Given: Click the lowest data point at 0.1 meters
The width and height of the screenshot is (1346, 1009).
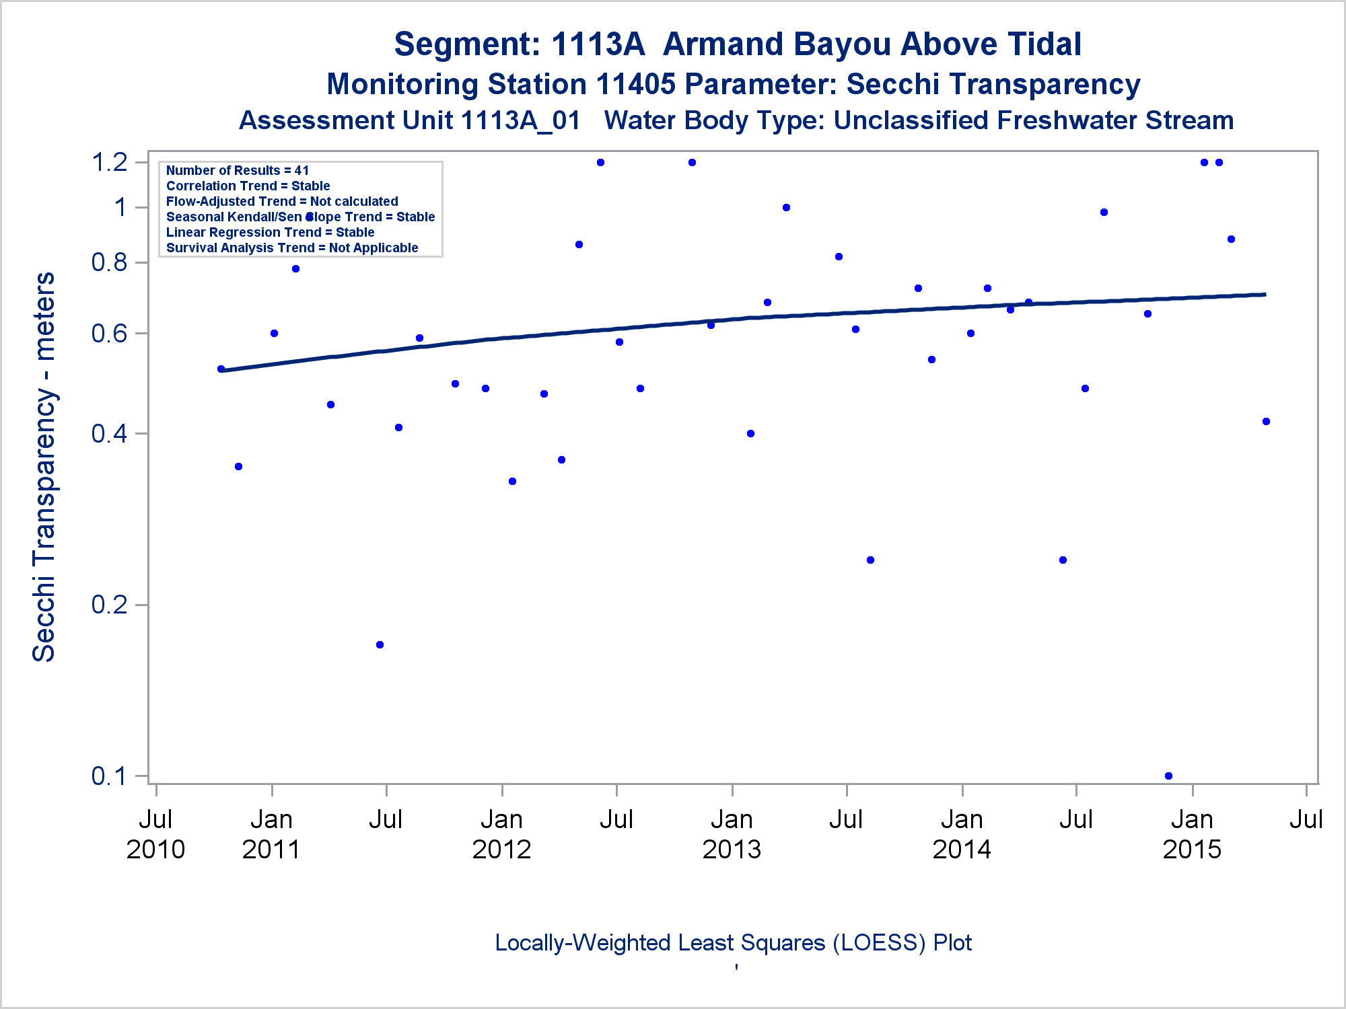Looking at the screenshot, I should click(1168, 776).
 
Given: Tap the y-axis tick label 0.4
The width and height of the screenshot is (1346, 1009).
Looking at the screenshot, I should click(110, 434).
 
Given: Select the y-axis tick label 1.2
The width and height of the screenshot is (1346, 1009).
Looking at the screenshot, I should click(110, 163).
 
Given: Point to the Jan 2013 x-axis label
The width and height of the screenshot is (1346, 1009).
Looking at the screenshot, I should click(732, 834).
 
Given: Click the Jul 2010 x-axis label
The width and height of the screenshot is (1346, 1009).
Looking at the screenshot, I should click(155, 834).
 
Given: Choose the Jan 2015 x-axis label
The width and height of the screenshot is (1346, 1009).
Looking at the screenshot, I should click(1192, 834).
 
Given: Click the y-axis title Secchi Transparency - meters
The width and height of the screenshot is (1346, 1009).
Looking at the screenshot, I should click(44, 467).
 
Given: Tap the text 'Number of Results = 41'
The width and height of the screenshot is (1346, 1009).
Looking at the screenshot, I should click(238, 171).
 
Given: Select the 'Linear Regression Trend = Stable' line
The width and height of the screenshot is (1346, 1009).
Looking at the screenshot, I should click(270, 233).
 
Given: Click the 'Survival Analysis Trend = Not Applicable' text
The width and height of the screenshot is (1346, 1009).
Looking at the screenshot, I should click(292, 248).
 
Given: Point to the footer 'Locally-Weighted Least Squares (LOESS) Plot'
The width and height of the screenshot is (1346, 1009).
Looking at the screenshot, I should click(733, 943).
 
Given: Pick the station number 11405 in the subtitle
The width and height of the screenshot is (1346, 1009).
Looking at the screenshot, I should click(635, 85).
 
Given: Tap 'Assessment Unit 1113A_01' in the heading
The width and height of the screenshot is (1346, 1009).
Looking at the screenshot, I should click(409, 121).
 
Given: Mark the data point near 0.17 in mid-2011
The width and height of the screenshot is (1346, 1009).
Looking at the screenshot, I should click(380, 644).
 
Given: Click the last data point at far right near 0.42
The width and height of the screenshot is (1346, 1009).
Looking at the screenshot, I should click(1266, 422).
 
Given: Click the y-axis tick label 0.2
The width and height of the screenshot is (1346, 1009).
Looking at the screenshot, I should click(110, 605).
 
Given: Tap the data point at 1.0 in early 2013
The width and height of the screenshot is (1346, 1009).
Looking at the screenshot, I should click(786, 208).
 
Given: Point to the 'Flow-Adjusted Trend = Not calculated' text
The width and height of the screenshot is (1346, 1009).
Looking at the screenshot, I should click(282, 202).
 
